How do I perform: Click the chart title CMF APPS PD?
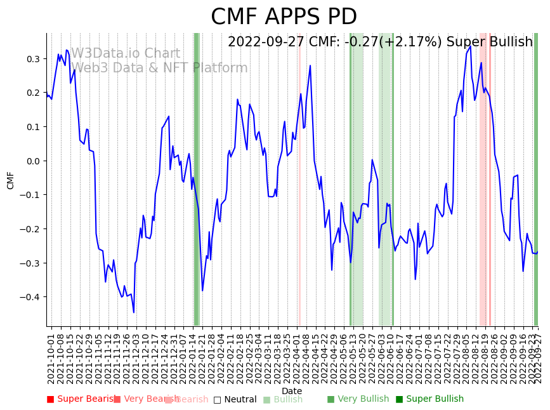(x=284, y=17)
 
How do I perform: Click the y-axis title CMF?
(x=11, y=180)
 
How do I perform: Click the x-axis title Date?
(x=292, y=391)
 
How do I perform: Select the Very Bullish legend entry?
(x=358, y=399)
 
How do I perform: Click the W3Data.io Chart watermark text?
(x=125, y=54)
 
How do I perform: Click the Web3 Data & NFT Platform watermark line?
(x=159, y=68)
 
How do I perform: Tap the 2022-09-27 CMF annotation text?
(x=380, y=43)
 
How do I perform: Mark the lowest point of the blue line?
(x=134, y=312)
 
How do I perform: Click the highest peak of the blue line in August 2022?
(x=470, y=46)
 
